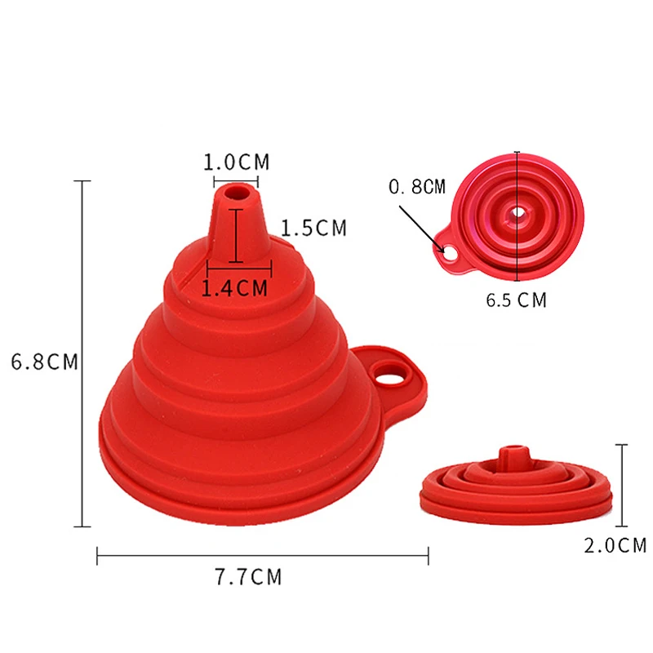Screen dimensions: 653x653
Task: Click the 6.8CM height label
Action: click(45, 362)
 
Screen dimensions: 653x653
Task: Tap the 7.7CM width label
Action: click(248, 577)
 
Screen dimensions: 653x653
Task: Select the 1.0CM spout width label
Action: click(236, 162)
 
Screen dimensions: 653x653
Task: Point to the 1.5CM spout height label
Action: click(313, 228)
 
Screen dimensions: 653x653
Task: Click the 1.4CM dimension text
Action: click(234, 288)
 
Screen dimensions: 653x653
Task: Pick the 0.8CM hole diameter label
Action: click(417, 187)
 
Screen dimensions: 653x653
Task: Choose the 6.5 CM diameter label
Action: click(516, 300)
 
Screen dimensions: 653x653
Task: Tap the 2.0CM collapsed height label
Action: click(615, 545)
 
